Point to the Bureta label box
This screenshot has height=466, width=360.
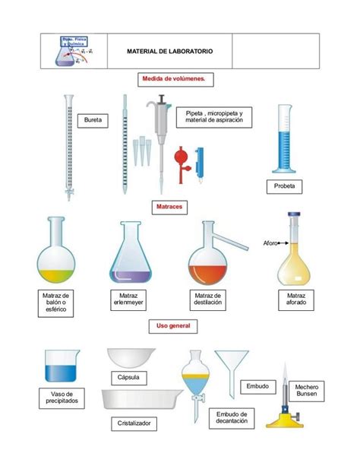[93, 120]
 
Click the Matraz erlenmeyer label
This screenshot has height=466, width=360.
[128, 299]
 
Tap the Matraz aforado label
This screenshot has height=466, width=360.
[295, 299]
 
